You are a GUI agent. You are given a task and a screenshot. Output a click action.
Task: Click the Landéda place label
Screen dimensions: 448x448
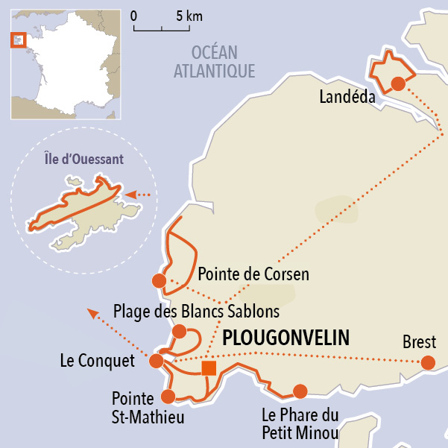pos(347,97)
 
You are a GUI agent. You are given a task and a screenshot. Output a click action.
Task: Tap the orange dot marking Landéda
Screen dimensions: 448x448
pos(398,83)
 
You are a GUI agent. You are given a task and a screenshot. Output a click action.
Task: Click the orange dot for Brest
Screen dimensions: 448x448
pos(428,363)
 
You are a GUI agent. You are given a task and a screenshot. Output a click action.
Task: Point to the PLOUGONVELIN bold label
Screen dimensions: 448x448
pos(286,338)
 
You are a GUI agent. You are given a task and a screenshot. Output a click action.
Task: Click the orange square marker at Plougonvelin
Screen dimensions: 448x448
pos(209,367)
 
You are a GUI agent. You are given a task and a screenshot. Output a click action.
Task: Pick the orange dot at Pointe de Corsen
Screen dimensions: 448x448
pos(159,281)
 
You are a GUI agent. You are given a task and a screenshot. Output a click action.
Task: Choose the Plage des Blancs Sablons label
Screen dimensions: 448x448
pos(196,310)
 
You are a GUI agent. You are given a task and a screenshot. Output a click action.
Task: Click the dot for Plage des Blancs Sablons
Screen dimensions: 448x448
pos(179,331)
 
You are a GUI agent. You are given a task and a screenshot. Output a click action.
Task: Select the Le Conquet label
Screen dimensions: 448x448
pos(97,362)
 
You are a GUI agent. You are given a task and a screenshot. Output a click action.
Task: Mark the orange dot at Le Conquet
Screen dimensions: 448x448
pos(157,362)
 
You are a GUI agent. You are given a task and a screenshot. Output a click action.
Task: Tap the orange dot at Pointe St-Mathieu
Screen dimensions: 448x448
pos(168,397)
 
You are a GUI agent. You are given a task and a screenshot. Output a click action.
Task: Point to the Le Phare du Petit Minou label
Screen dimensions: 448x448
pos(300,423)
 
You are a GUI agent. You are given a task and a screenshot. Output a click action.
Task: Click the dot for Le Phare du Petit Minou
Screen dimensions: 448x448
pos(300,391)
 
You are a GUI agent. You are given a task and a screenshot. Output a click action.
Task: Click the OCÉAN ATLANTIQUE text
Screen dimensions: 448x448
pos(215,62)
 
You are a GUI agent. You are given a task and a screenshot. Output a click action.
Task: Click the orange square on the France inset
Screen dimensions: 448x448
pos(18,40)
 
